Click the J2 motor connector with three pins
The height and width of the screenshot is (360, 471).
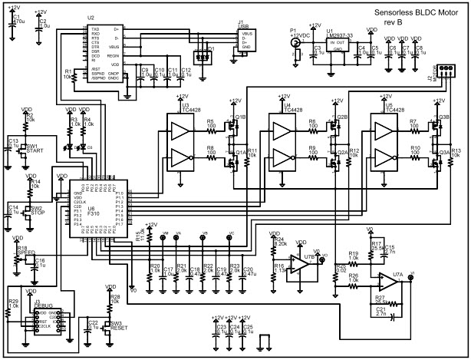[x=450, y=70]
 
